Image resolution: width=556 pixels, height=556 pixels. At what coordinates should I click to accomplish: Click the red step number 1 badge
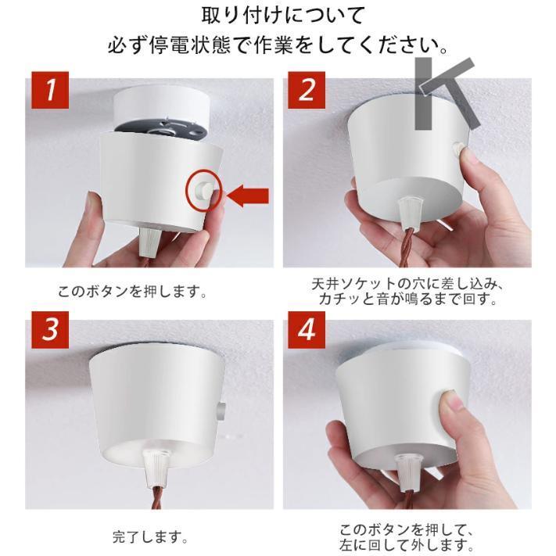click(x=51, y=91)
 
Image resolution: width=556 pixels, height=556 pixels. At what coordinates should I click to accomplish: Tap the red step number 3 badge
click(x=51, y=329)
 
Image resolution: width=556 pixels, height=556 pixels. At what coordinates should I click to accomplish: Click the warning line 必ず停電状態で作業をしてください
click(x=278, y=45)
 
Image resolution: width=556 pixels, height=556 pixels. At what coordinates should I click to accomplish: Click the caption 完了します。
click(x=149, y=537)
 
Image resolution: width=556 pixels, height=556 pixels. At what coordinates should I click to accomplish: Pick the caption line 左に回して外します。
click(x=406, y=544)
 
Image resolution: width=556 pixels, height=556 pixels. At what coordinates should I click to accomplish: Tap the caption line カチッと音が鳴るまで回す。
click(x=407, y=300)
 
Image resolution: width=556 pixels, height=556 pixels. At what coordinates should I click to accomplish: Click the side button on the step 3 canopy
click(x=223, y=408)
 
